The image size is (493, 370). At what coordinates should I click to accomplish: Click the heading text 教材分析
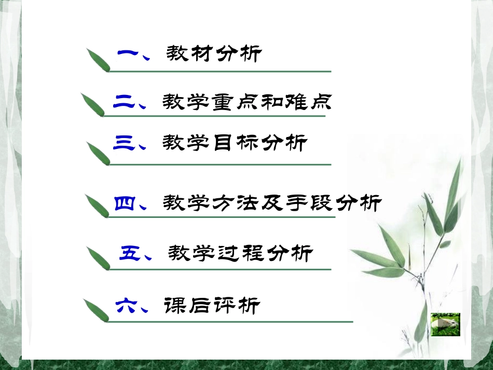pos(214,53)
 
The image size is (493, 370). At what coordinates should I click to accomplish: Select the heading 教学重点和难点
pos(246,101)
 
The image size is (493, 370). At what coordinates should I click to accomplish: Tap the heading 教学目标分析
pos(235,143)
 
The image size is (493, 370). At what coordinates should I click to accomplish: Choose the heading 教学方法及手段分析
pos(272,203)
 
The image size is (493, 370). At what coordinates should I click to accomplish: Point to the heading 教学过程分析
pos(240,253)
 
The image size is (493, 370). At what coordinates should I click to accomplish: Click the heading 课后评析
pos(211,306)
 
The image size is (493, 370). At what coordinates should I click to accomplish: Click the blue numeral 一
pos(127,53)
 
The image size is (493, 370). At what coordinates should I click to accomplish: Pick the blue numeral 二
pos(123,102)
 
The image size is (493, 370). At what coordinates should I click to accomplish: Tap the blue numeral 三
pos(124,143)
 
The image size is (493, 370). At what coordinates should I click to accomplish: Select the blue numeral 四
pos(124,203)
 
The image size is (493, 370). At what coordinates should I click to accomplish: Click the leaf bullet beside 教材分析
pos(98,60)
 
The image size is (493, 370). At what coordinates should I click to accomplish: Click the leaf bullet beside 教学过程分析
pos(98,258)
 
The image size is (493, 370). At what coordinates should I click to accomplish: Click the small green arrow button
pos(445,324)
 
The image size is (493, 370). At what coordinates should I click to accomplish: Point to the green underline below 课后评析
pos(228,321)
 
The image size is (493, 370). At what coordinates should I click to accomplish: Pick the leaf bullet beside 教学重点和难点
pos(93,105)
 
